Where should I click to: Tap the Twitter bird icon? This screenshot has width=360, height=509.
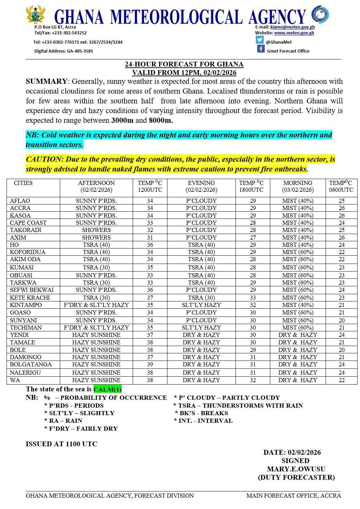260,40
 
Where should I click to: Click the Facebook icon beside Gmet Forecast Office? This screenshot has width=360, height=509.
261,49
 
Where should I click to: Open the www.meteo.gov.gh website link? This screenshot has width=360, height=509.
294,33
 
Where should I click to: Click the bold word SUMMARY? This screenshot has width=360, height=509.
46,81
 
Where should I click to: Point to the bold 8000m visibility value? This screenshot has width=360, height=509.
161,121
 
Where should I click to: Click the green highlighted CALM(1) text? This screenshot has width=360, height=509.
108,389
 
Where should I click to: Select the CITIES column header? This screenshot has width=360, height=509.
23,183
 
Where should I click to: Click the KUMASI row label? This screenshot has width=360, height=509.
22,267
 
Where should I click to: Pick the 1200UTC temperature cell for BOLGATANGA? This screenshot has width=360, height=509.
150,364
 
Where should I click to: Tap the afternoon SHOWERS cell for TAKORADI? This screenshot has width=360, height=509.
96,230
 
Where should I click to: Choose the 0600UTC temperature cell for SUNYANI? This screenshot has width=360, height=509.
341,320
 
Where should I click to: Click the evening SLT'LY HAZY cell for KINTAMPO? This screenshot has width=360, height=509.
201,305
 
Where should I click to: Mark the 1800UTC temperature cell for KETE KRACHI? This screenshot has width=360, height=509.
253,298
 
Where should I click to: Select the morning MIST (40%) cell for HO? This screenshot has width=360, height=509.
297,245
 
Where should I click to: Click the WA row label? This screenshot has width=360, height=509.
15,380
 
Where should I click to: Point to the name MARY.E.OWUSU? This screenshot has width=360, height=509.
296,469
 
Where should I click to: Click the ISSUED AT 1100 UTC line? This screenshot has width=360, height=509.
62,444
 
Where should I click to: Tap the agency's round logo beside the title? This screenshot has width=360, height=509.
320,14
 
